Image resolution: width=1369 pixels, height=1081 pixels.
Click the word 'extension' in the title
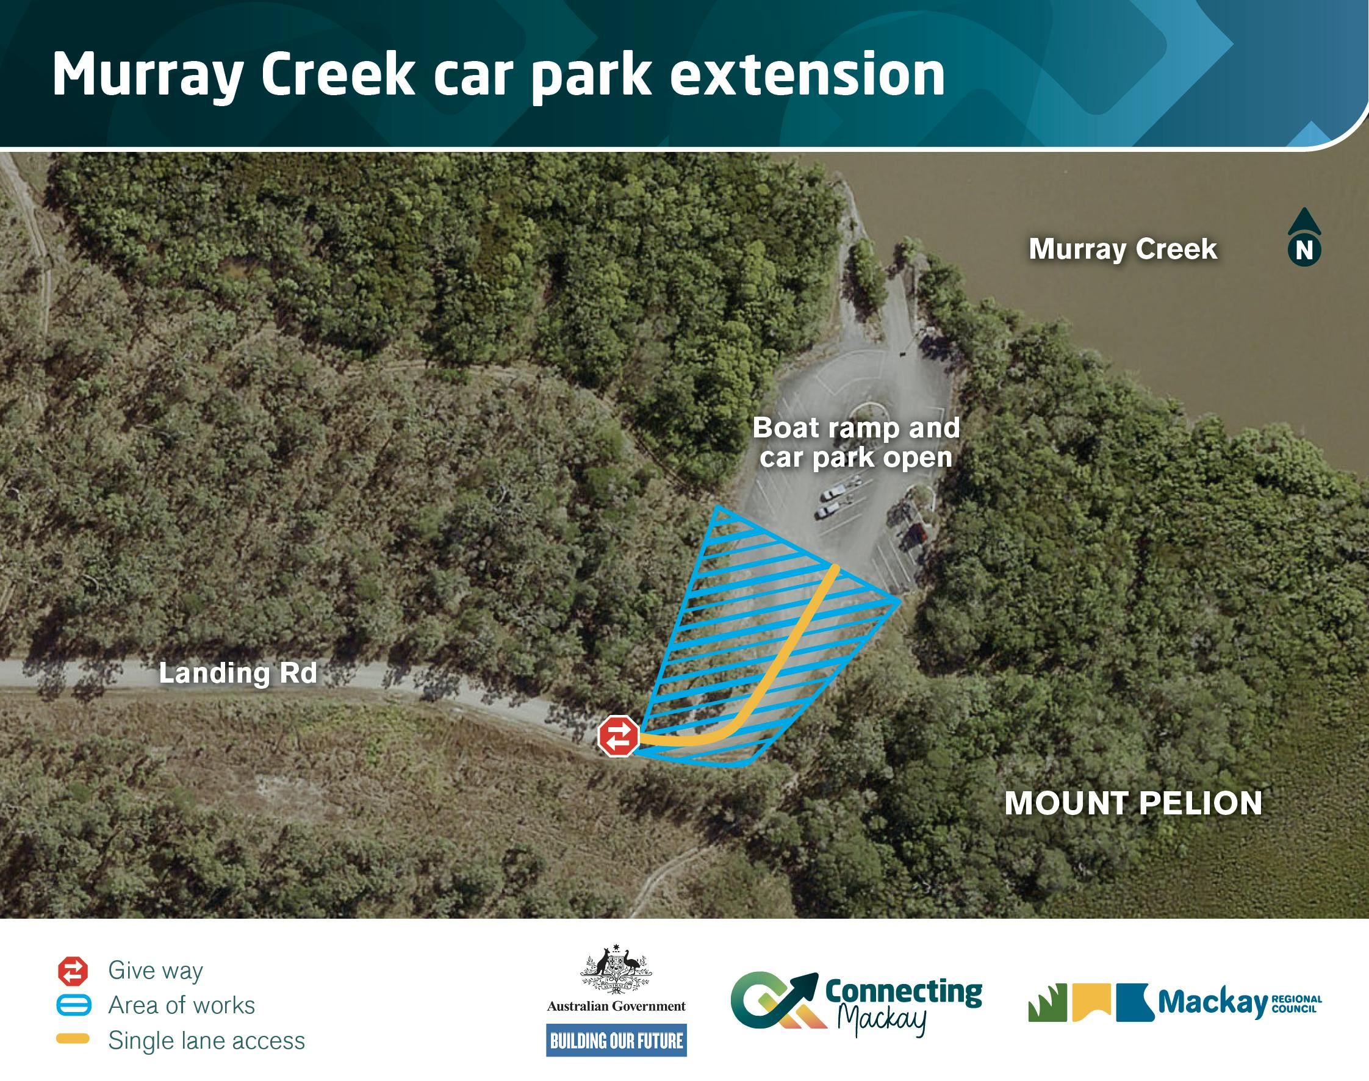tap(807, 74)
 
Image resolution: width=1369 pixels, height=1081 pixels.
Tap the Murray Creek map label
tap(1122, 249)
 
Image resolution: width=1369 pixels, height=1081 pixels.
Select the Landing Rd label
tap(237, 673)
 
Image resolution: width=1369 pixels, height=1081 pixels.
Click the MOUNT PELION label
tap(1133, 803)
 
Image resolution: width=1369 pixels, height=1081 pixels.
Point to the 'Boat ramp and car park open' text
tap(856, 442)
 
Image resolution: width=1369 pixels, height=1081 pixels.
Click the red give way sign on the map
tap(619, 736)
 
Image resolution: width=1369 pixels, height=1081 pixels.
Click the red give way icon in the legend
tap(73, 972)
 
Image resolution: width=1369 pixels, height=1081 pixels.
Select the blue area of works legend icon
tap(73, 1006)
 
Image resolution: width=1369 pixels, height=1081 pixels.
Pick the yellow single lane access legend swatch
tap(73, 1038)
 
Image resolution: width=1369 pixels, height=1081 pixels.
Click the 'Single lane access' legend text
tap(206, 1041)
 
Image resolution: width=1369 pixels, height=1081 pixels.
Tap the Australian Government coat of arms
tap(616, 969)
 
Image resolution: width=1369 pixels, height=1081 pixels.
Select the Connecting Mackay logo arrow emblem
tap(775, 1000)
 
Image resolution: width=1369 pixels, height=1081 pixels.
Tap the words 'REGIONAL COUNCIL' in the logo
tap(1296, 1004)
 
